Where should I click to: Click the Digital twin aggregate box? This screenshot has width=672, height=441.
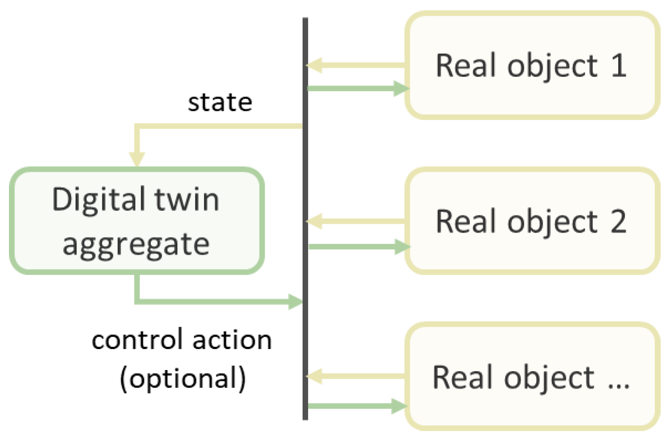pos(137,221)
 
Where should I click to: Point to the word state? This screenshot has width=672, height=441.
pos(220,102)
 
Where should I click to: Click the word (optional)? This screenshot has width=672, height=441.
pos(183,378)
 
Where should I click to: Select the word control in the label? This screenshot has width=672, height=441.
pos(137,340)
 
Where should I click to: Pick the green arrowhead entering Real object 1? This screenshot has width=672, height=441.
pos(401,88)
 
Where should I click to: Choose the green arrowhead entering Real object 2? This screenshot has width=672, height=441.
pos(402,246)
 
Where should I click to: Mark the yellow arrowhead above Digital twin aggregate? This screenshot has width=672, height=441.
pos(137,159)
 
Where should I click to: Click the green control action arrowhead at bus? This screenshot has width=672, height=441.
pos(295,302)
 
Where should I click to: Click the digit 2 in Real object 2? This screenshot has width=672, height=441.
pos(618,221)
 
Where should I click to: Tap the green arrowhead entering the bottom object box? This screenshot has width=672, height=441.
pos(399,406)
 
